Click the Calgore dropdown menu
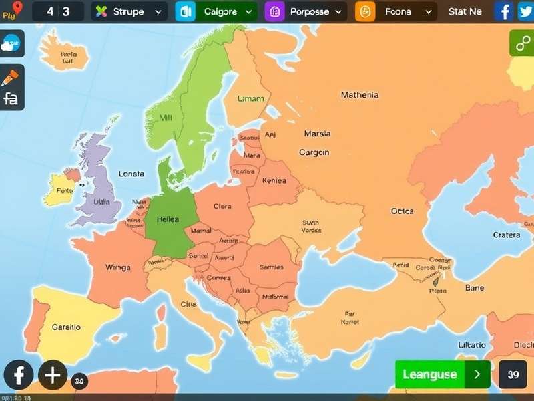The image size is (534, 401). (x=216, y=11)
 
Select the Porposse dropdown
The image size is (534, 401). (x=306, y=11)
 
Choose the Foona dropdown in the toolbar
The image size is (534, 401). (x=396, y=11)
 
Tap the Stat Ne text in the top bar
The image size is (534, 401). (x=465, y=11)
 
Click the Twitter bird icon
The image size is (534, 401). (x=524, y=11)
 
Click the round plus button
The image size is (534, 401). (x=53, y=374)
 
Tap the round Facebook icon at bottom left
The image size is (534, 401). (x=19, y=374)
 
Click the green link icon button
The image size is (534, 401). (x=521, y=43)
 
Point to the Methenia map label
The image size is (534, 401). (x=359, y=95)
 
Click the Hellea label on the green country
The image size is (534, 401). (x=168, y=219)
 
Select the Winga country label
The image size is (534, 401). (x=118, y=267)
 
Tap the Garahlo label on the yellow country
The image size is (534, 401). (x=66, y=327)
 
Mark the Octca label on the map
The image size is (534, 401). (x=402, y=211)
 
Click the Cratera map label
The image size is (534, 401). (x=506, y=235)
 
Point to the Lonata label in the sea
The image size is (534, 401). (x=131, y=174)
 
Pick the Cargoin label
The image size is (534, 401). (x=314, y=152)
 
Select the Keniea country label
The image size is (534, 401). (x=274, y=180)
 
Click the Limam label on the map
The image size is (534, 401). (x=250, y=98)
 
